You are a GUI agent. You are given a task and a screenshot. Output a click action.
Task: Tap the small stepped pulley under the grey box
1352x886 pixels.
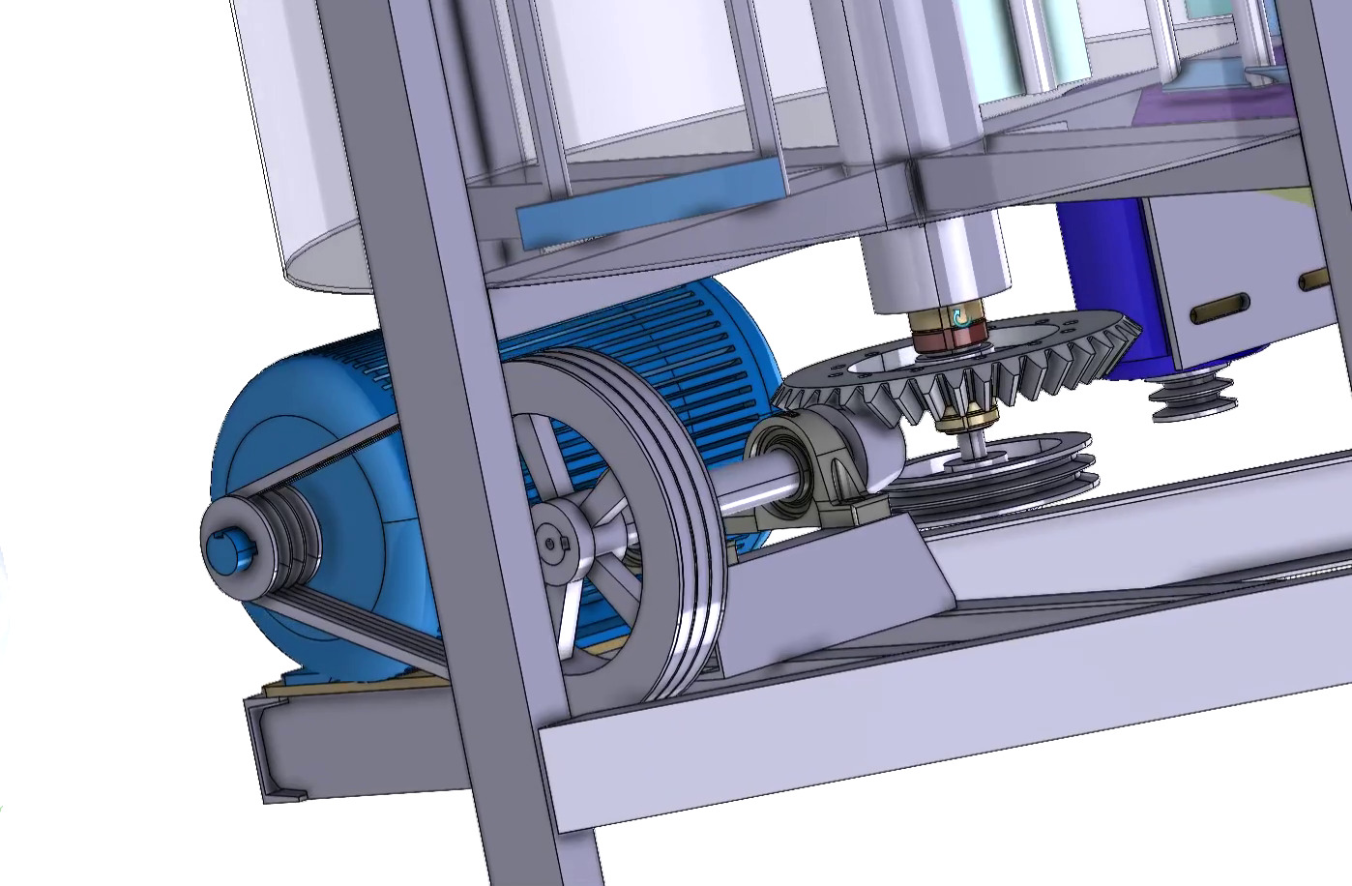(1190, 398)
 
